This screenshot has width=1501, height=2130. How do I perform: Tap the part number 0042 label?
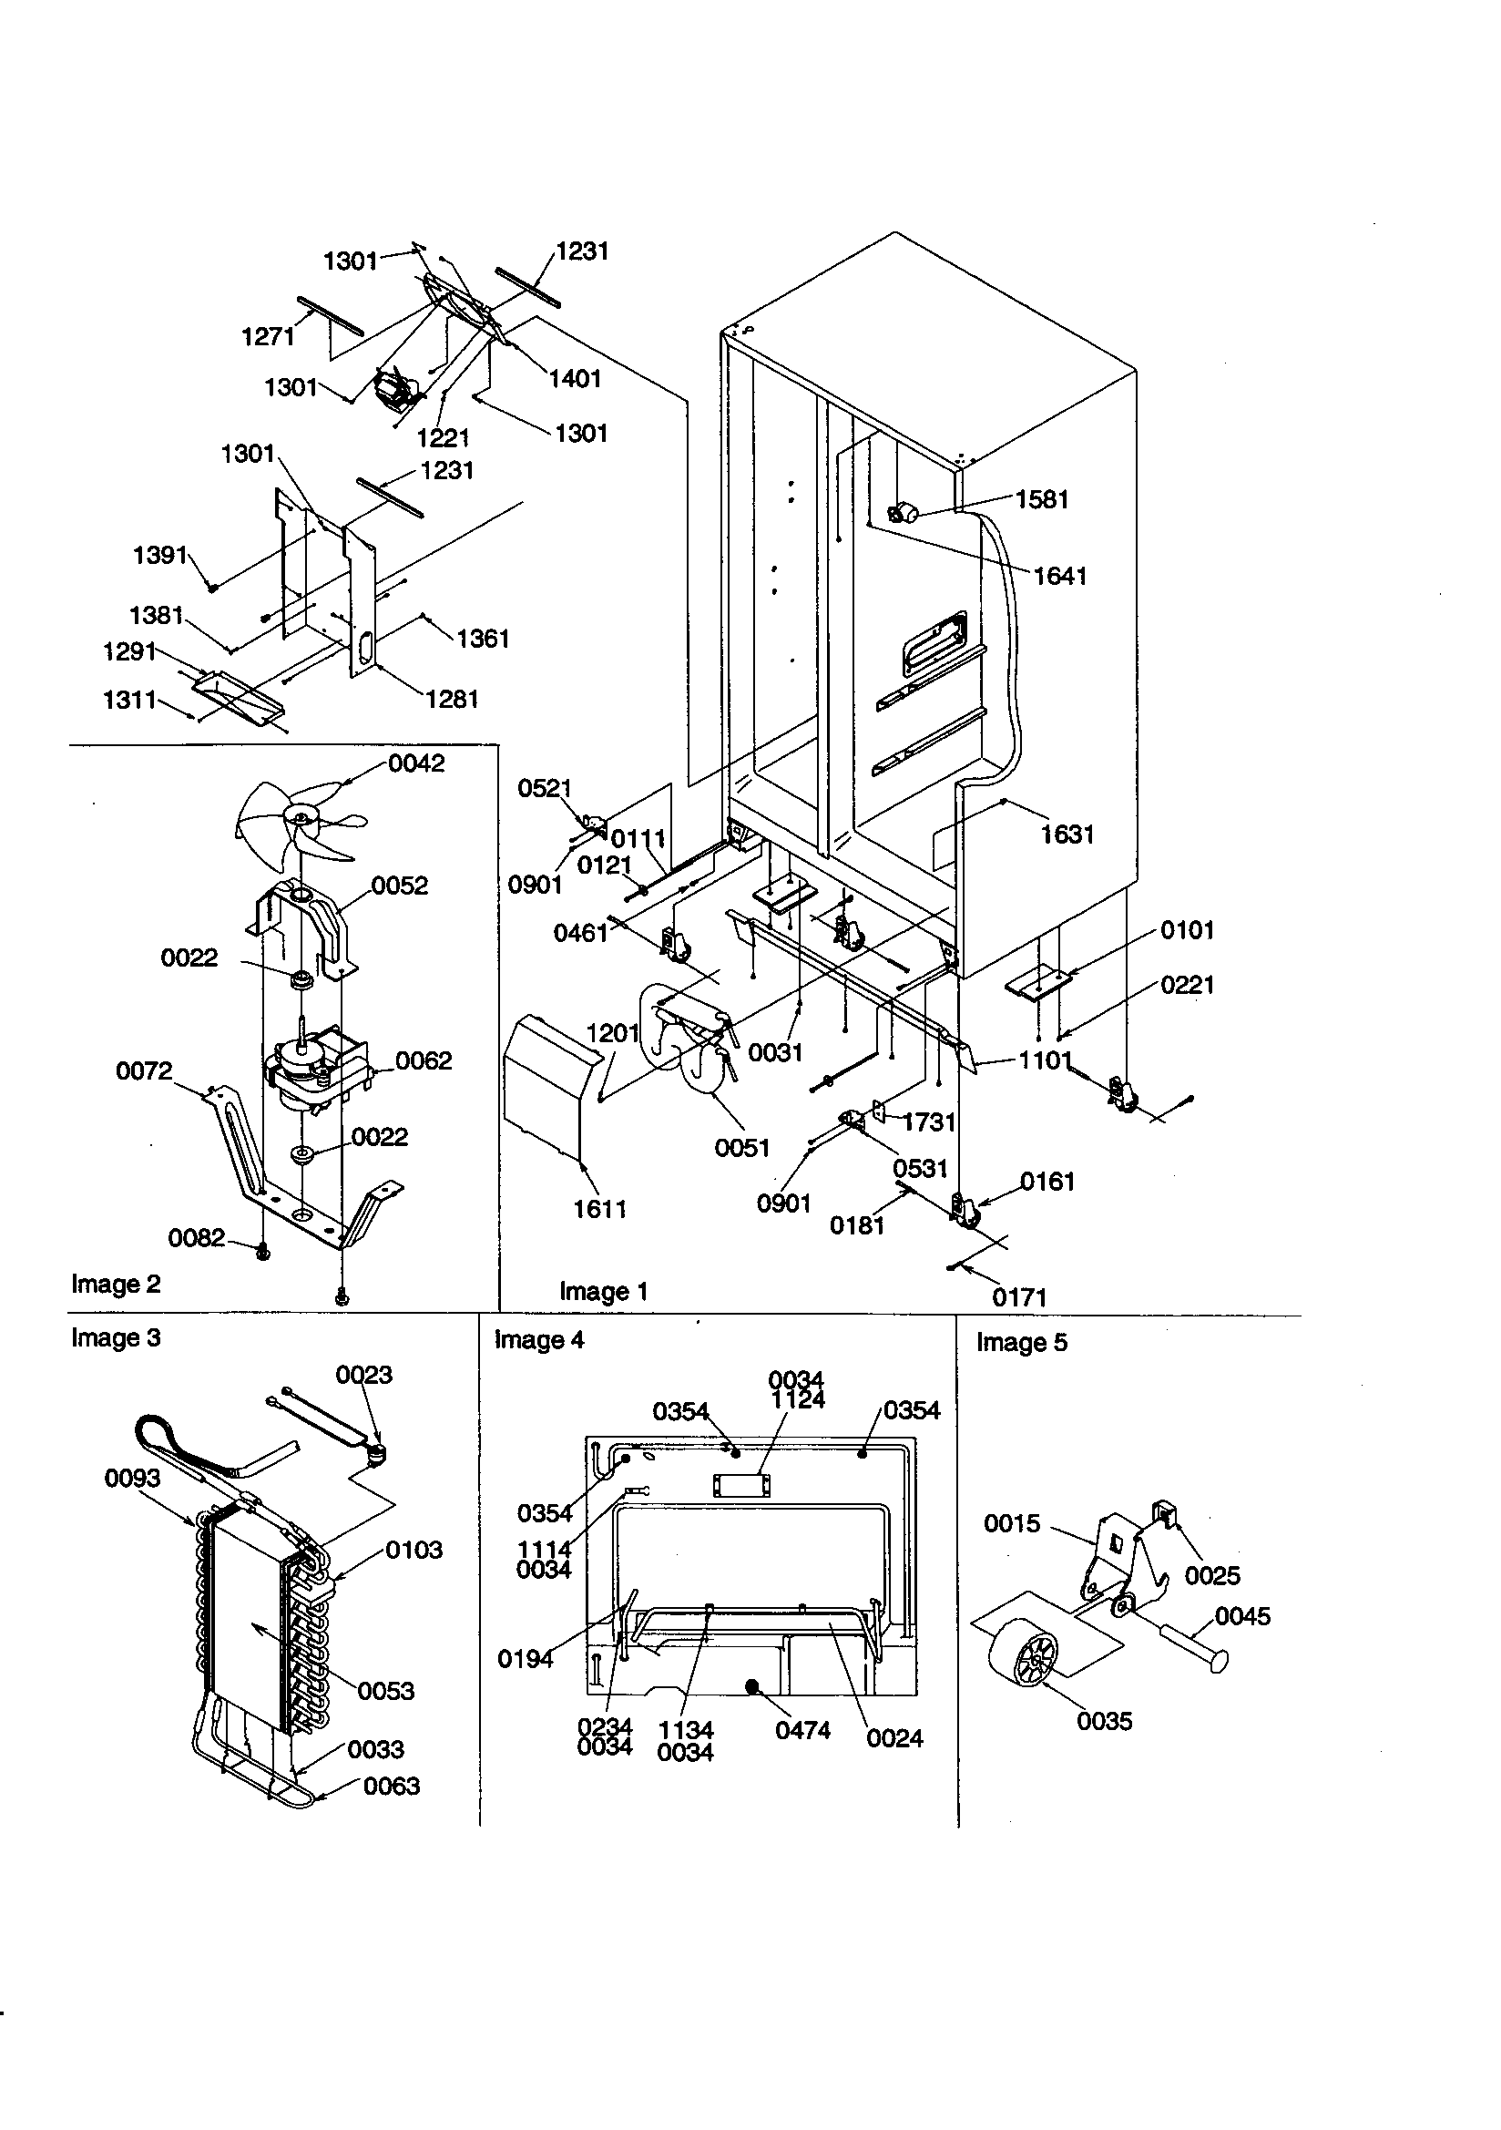tap(416, 763)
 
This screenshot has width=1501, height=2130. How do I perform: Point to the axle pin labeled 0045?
tap(1197, 1643)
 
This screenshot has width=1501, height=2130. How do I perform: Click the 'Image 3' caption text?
tap(116, 1337)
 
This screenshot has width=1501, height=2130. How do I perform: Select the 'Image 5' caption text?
tap(1021, 1342)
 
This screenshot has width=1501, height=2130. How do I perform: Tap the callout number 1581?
tap(1043, 500)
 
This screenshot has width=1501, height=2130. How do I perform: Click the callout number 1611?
tap(599, 1209)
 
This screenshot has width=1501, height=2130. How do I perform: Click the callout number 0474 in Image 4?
tap(802, 1730)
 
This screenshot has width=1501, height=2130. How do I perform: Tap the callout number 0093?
tap(132, 1479)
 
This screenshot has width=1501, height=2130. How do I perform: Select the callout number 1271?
tap(268, 337)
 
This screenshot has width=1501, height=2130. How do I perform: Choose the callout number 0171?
tap(1019, 1298)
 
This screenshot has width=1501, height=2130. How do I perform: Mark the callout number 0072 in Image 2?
tap(144, 1071)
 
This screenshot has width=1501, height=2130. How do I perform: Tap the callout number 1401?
tap(575, 378)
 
